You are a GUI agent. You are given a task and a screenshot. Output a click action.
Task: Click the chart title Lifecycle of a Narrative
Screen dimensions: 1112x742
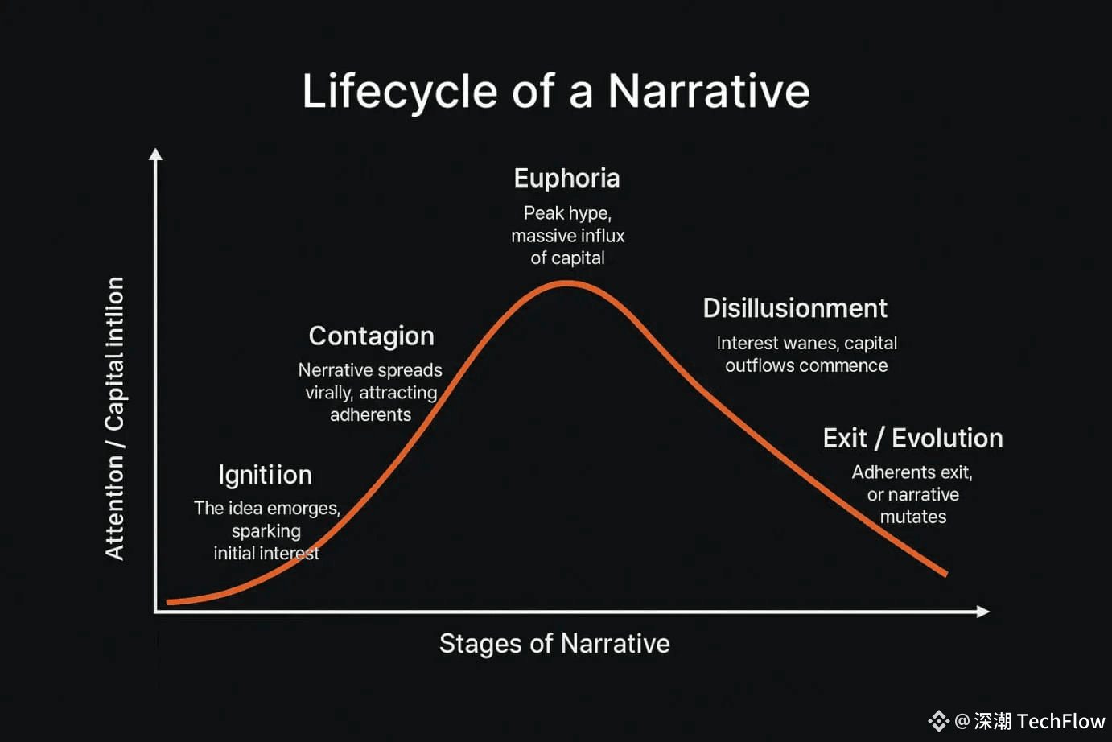[556, 93]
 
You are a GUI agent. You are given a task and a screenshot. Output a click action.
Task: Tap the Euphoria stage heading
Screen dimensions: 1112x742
[567, 179]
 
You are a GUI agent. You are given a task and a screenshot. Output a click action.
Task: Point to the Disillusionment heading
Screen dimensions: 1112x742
[795, 308]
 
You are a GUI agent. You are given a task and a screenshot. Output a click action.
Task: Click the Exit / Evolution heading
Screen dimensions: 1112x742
[912, 439]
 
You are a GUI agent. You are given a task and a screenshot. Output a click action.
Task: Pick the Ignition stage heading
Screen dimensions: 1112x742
[265, 476]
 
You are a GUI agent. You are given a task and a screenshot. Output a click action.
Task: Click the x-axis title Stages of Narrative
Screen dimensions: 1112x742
[554, 644]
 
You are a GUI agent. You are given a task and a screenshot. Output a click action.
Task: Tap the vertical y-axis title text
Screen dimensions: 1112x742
[115, 418]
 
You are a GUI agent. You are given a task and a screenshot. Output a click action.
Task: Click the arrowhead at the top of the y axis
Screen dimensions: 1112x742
[155, 154]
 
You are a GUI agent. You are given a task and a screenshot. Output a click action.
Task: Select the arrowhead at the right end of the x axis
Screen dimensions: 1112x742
[983, 612]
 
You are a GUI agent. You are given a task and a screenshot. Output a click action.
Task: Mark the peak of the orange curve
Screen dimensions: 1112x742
[567, 283]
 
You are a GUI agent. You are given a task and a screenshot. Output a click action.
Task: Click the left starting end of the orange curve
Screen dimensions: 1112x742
[169, 602]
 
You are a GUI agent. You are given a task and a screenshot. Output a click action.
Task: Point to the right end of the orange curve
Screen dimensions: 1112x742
[945, 574]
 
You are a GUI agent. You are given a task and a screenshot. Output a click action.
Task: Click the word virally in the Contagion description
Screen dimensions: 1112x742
[328, 393]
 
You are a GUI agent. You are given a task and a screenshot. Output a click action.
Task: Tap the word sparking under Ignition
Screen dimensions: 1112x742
[266, 531]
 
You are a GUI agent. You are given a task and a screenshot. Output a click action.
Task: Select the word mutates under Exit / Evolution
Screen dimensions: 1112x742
[913, 517]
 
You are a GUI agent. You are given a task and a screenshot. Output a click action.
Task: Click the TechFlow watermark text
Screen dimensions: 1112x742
[1061, 721]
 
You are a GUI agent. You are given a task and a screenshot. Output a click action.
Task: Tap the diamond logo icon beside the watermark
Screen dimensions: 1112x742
[939, 721]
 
